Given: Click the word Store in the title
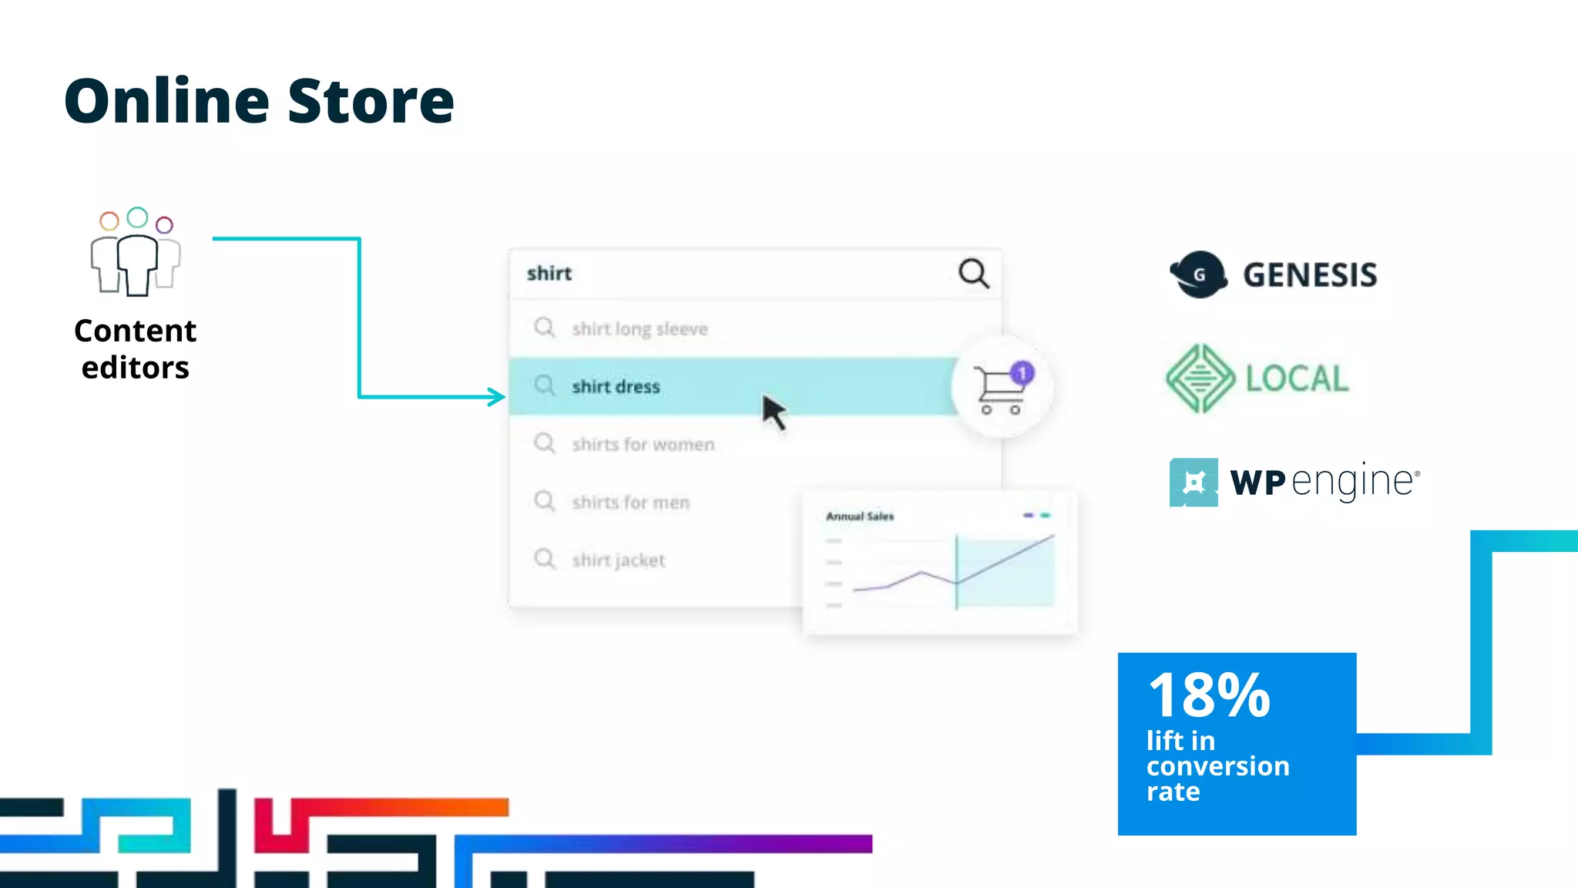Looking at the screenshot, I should (x=371, y=101).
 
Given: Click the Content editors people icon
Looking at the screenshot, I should (x=136, y=253).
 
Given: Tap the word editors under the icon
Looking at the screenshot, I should (x=136, y=368).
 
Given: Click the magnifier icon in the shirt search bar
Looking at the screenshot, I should (x=973, y=273).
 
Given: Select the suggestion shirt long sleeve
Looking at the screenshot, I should (x=640, y=329).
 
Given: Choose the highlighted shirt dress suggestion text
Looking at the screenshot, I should (x=616, y=387).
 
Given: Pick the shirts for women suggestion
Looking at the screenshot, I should (x=643, y=445).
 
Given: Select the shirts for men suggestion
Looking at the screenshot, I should (x=630, y=503).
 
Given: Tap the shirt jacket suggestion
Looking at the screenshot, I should (x=618, y=560).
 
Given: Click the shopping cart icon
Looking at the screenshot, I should (x=999, y=390).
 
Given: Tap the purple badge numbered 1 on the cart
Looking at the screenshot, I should (x=1022, y=374).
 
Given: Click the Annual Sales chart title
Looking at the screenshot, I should (x=860, y=516).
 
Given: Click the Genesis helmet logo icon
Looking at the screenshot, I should (x=1198, y=274).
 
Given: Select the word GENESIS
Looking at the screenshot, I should (x=1310, y=275).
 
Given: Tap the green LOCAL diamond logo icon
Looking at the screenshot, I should (x=1200, y=378).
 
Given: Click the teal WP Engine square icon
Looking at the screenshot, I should (x=1194, y=483).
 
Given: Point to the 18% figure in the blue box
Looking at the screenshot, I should (x=1209, y=695).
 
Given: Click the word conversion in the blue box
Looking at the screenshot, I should (x=1217, y=766).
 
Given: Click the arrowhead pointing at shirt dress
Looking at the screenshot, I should (x=498, y=397).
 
